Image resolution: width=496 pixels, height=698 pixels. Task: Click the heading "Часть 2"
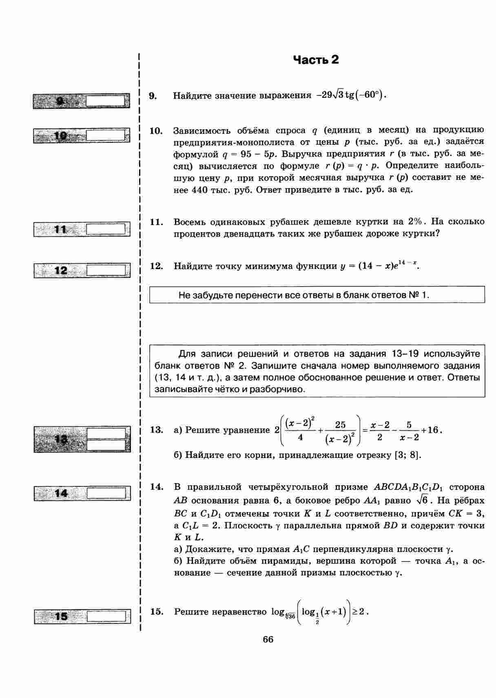point(316,60)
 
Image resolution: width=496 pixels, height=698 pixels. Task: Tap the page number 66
point(268,639)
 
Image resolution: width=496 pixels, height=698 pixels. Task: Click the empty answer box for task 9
point(106,100)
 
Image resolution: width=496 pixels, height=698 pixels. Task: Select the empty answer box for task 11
point(106,229)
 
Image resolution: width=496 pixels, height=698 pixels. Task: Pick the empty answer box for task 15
point(106,616)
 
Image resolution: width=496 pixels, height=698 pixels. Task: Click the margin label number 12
point(61,270)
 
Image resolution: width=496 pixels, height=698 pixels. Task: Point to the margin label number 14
point(61,493)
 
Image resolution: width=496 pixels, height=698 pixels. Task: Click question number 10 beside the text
point(156,131)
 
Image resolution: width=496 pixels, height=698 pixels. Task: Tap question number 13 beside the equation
point(156,430)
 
